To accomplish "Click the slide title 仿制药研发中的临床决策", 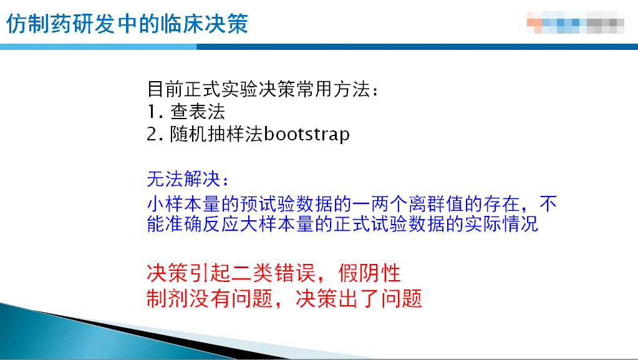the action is [x=127, y=24].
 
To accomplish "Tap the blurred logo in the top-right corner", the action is [x=576, y=22].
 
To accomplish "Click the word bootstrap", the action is [x=307, y=134].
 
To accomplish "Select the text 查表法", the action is [x=198, y=112].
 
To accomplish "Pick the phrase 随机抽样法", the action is [x=216, y=134].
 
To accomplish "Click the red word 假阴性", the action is [x=369, y=273].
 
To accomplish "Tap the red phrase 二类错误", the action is [x=274, y=273].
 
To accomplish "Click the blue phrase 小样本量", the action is [x=184, y=203].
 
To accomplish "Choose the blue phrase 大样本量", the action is [x=277, y=224].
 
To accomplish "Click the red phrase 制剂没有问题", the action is [x=210, y=298].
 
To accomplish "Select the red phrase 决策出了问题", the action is [x=359, y=298].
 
